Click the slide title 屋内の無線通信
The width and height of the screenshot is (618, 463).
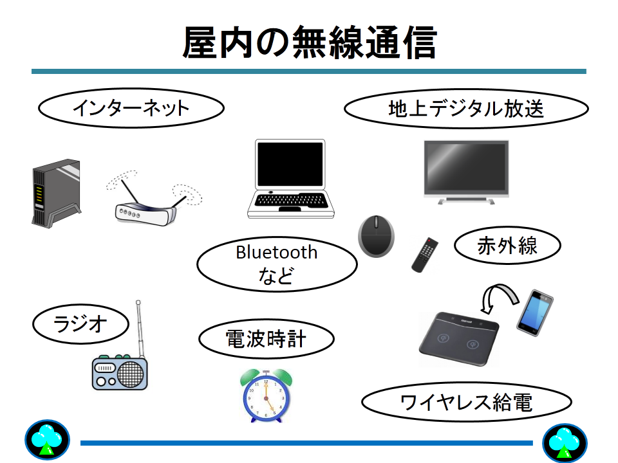(310, 42)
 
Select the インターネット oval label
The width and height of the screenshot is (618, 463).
(131, 108)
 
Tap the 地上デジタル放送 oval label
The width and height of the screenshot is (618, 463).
(466, 109)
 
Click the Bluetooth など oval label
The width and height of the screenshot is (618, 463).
(277, 264)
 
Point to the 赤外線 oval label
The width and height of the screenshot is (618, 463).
(507, 245)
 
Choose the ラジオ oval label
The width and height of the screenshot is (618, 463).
(81, 324)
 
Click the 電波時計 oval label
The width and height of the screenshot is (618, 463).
(267, 339)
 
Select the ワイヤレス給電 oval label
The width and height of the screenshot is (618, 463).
(467, 402)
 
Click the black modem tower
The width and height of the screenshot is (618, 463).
(57, 194)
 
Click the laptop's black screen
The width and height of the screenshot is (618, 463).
(290, 164)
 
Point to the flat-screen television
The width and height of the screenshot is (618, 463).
(466, 172)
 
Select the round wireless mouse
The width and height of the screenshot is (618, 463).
(376, 236)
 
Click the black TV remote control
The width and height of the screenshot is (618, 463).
(424, 255)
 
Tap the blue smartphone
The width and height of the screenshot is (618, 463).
(535, 313)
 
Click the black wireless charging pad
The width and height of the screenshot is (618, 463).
(459, 339)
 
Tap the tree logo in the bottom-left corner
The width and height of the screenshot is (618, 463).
(47, 440)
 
